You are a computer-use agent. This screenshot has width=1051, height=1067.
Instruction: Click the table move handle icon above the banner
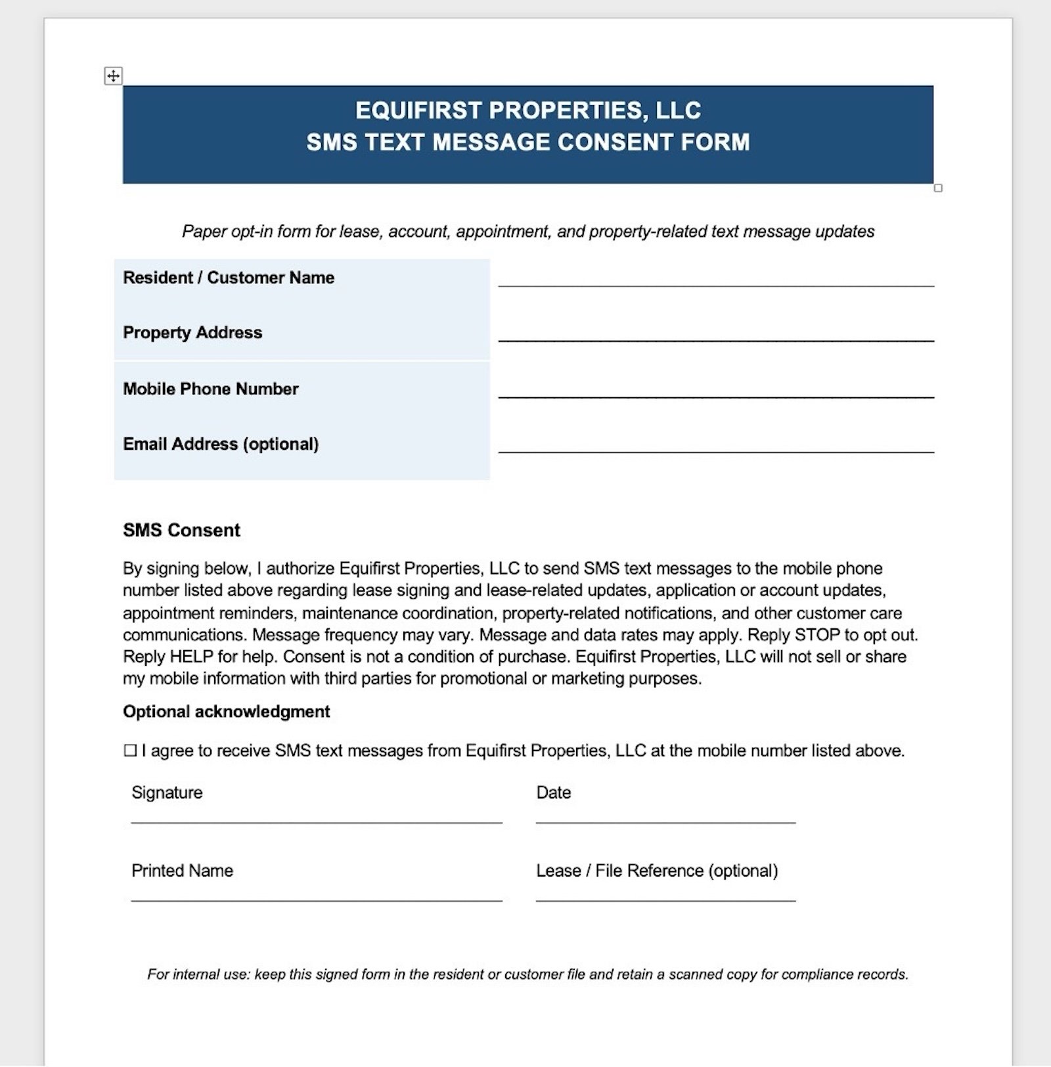[113, 76]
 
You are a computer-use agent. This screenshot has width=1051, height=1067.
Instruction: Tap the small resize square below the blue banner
[938, 188]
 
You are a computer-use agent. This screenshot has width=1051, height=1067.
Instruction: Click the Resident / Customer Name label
[229, 278]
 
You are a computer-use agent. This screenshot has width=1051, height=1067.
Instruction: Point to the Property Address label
[192, 333]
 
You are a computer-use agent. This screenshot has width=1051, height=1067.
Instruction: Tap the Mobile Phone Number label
[211, 389]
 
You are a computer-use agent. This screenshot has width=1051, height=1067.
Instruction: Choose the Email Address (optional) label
[221, 445]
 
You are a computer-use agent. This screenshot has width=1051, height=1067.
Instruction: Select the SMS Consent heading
[181, 531]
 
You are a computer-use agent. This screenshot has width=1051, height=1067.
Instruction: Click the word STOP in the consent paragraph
[817, 635]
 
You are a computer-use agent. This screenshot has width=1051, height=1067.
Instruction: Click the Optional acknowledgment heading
[226, 712]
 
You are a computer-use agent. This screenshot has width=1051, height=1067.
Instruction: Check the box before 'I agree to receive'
[130, 751]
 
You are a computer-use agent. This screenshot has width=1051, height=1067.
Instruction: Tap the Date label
[553, 793]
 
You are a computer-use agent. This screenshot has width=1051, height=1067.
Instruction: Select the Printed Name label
[183, 871]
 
